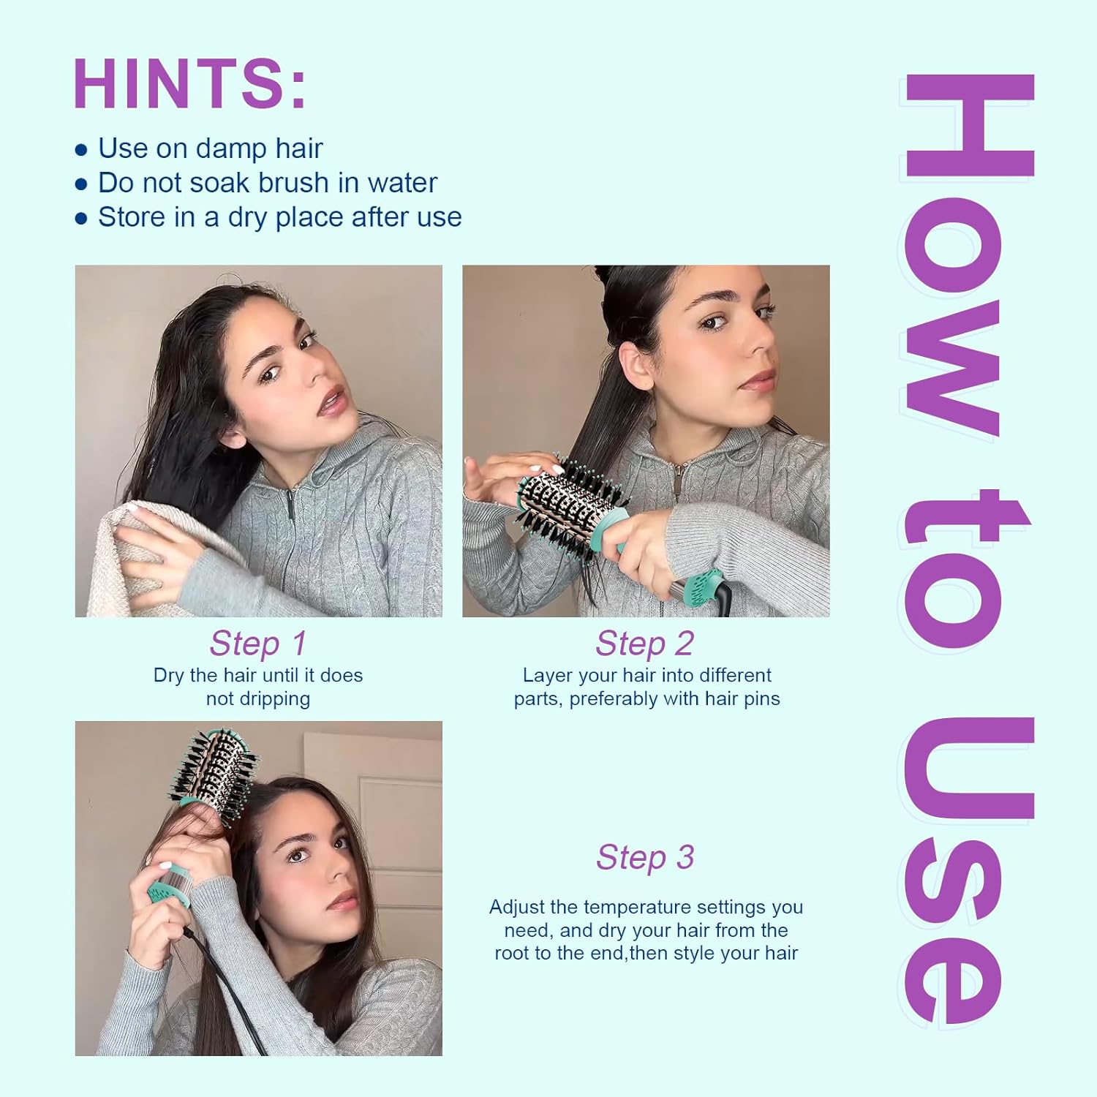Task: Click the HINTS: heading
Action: (189, 83)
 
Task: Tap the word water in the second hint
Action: (402, 183)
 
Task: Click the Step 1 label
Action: (258, 644)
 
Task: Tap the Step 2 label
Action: (645, 644)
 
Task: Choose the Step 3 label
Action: (645, 857)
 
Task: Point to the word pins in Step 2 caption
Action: (761, 698)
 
